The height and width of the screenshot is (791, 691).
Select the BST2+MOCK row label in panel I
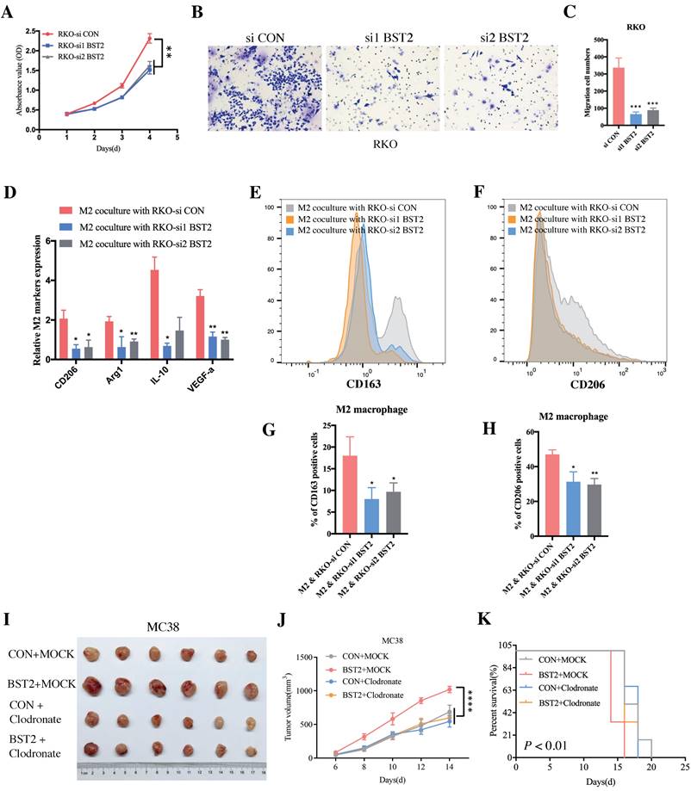click(39, 683)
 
